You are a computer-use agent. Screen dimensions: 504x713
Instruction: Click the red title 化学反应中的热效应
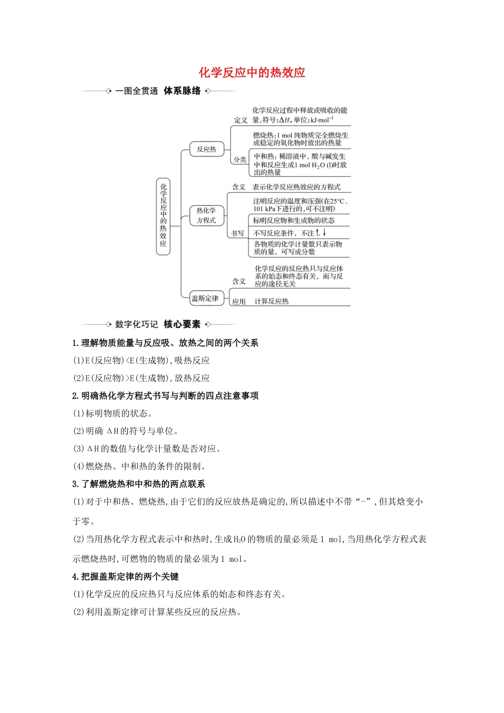tap(252, 73)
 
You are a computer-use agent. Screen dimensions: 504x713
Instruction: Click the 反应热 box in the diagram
tap(206, 149)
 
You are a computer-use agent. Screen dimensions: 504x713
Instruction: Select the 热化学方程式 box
tap(206, 215)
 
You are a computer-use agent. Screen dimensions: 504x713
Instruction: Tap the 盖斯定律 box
tap(205, 299)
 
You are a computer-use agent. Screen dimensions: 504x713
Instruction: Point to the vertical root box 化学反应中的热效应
tap(163, 216)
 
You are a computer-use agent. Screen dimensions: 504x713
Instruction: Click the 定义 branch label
tap(241, 120)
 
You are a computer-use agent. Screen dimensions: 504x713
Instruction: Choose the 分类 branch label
tap(240, 159)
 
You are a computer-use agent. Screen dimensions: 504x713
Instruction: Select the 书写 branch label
tap(238, 233)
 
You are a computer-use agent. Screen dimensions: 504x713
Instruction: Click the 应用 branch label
tap(239, 301)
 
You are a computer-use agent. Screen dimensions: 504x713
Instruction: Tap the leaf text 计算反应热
tap(272, 301)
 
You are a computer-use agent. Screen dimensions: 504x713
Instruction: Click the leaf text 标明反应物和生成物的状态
tap(293, 221)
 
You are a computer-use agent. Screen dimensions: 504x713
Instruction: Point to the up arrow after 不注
tap(318, 233)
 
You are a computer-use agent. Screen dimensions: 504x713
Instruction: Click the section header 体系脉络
tap(183, 91)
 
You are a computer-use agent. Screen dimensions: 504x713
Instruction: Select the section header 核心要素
tap(182, 324)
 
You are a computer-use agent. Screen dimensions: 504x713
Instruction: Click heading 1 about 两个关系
tap(166, 343)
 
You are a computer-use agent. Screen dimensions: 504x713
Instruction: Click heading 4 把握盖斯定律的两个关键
tap(126, 576)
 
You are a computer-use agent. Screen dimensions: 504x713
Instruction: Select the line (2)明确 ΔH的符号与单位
tap(126, 431)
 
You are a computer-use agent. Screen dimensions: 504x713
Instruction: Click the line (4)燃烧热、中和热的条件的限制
tap(140, 466)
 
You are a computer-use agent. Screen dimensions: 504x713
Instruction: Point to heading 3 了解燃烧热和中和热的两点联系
tap(138, 484)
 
